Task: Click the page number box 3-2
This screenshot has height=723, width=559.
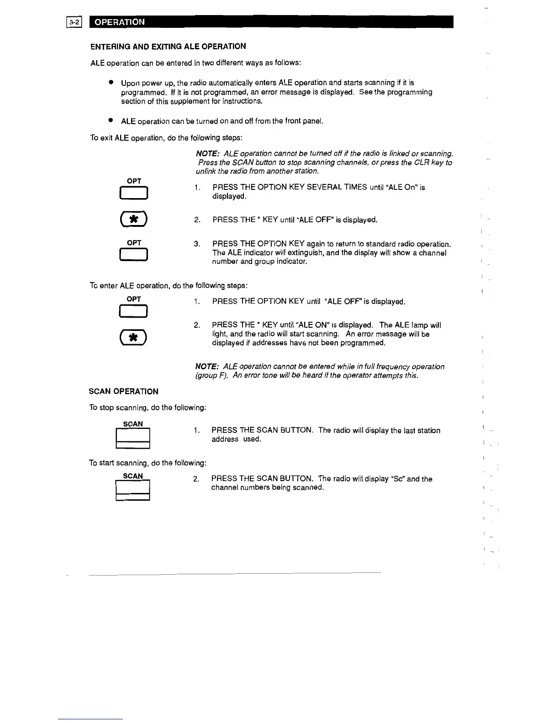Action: [x=74, y=22]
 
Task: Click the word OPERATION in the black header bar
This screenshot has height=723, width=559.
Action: [x=120, y=22]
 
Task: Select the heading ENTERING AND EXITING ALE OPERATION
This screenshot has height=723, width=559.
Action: [x=168, y=47]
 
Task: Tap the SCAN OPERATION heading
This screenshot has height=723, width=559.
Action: [x=123, y=392]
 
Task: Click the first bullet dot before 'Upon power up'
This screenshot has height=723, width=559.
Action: [x=111, y=83]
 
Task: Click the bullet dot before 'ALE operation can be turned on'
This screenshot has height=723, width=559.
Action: [x=111, y=121]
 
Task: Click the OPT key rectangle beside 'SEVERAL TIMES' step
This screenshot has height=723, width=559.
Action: [x=133, y=194]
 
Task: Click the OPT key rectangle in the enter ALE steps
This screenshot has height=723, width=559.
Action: [x=133, y=311]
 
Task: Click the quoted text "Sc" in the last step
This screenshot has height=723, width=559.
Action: [x=396, y=479]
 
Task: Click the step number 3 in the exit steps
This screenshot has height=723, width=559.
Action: [x=197, y=244]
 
